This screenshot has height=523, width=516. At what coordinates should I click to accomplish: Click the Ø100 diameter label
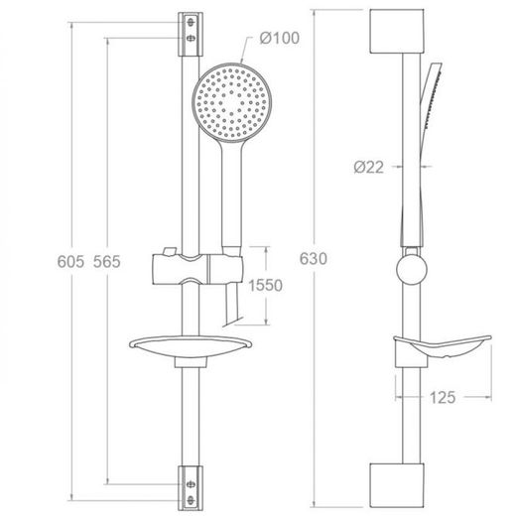coord(279,38)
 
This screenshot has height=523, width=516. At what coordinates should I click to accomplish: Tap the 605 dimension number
coord(70,261)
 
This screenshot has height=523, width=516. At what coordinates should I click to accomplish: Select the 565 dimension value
coord(106,261)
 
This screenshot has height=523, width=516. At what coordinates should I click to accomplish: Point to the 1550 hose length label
coord(266,285)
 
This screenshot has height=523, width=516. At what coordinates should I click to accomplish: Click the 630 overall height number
coord(314,258)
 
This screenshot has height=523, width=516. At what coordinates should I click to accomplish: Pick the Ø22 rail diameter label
coord(369,167)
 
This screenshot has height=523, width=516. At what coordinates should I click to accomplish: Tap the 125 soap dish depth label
coord(443,397)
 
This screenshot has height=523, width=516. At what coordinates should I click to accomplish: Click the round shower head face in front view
coord(232,103)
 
